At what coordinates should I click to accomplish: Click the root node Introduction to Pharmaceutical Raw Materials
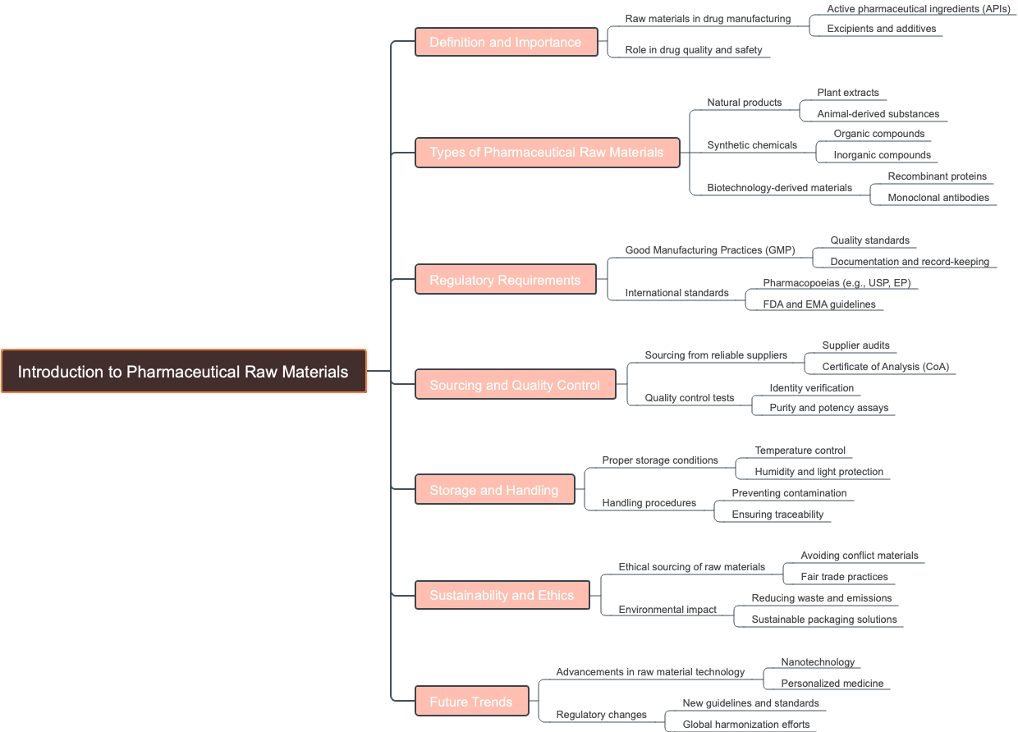point(183,372)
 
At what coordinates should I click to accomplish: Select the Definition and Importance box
point(506,42)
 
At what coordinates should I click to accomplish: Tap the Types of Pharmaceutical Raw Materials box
point(547,153)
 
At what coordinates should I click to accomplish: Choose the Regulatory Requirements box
point(505,280)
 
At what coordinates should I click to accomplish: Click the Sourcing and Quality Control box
point(515,385)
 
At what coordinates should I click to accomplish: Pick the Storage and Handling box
point(494,490)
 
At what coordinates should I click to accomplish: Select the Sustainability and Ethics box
point(502,595)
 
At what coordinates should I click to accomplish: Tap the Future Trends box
point(471,702)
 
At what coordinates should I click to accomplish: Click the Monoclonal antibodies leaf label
point(938,198)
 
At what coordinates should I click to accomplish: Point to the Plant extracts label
point(848,93)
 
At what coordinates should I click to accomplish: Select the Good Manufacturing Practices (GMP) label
point(710,250)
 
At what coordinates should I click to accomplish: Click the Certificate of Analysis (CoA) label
point(886,367)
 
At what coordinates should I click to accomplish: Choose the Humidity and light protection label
point(819,472)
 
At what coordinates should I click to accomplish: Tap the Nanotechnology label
point(818,662)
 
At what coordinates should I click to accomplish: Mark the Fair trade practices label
point(845,577)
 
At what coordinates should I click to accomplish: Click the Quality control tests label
point(690,398)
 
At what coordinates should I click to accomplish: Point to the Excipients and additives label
point(882,29)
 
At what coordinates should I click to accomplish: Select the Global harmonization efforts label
point(746,725)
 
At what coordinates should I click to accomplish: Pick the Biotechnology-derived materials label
point(780,188)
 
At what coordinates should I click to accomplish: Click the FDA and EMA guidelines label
point(819,304)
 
